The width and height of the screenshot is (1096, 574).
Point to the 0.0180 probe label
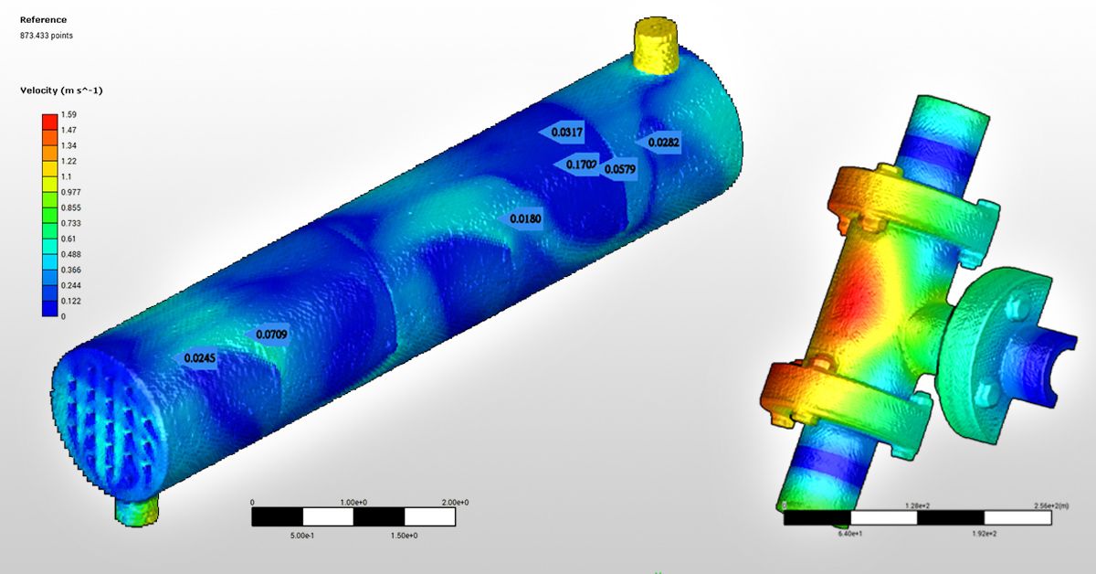coord(525,219)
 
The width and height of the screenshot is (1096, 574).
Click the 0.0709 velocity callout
coord(271,335)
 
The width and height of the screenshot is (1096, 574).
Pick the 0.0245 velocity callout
coord(200,358)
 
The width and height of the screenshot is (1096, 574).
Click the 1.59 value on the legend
coord(68,115)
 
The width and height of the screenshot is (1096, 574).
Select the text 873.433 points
coord(47,36)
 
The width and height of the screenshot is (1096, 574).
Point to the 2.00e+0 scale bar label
coord(454,503)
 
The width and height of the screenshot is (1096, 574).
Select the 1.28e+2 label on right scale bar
coord(917,505)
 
